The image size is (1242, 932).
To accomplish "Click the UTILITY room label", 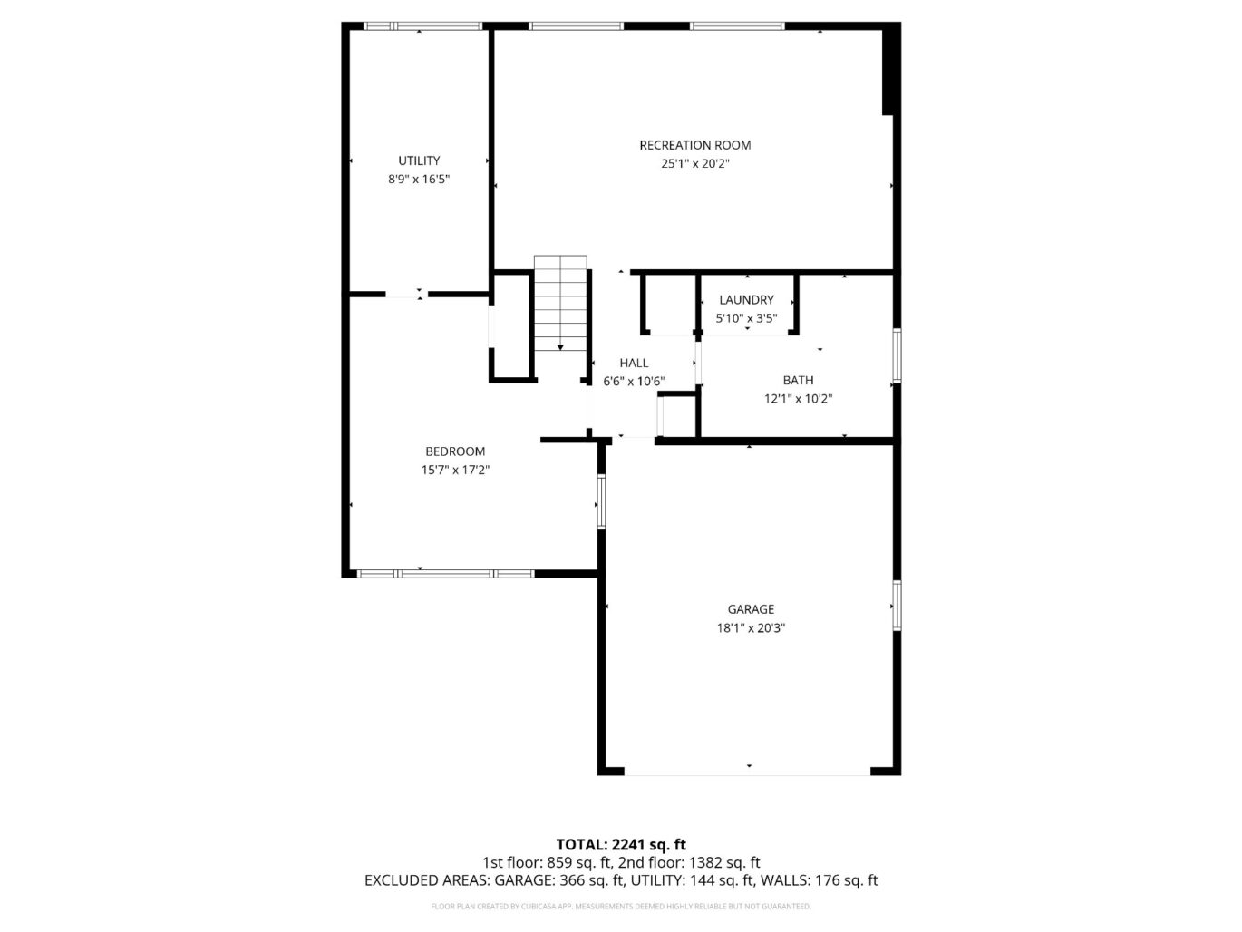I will pos(419,160).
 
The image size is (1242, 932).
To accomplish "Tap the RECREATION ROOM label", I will pos(694,145).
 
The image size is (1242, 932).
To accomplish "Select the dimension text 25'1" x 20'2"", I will pos(694,164).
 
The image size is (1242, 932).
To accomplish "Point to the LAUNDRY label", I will pos(746,300).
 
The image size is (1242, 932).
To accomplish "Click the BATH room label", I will pos(798,381).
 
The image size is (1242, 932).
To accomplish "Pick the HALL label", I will pos(634,364).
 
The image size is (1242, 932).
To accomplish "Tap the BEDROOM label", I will pos(455,451).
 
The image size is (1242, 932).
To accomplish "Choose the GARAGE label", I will pos(751,609).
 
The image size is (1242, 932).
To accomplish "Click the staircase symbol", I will pos(561,304).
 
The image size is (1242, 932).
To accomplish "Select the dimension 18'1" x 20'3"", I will pos(751,627).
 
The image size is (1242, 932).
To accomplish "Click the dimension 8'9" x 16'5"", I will pos(419,180).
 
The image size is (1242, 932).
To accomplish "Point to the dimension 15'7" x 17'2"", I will pos(455,470).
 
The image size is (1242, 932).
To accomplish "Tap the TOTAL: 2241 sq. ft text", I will pos(621,845).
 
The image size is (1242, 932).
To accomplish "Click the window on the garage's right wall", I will pos(896,605).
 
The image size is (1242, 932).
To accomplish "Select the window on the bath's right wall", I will pos(896,355).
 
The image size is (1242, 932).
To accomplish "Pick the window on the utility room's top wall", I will pos(422,26).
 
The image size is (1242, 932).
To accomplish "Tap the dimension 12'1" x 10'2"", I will pos(798,399).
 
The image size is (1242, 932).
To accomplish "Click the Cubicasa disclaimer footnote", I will pos(621,906).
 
